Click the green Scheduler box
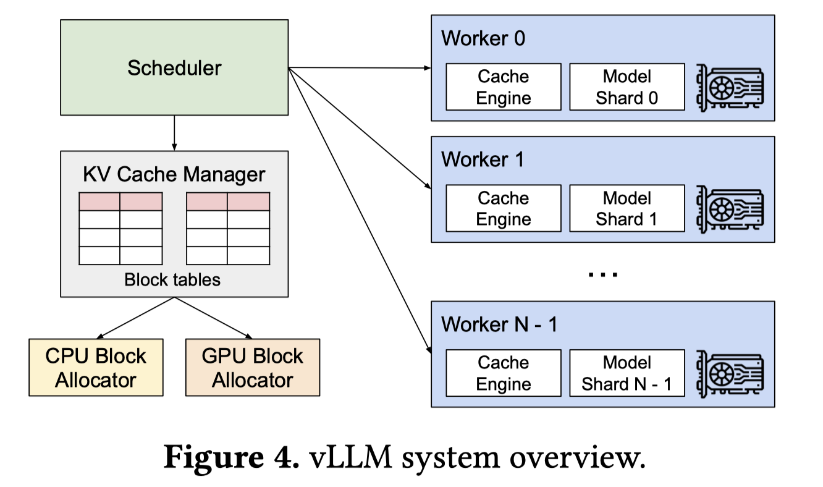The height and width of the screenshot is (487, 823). pos(174,67)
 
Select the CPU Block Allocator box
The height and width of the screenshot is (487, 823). pos(96,367)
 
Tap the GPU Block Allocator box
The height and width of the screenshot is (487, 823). pos(253,367)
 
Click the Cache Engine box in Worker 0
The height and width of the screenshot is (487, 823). pos(504,87)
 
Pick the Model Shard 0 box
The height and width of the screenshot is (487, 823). pos(627,87)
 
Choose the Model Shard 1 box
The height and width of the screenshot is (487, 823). pos(627,208)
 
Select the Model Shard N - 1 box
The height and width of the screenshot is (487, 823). pos(627,373)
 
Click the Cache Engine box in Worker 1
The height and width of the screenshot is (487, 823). pos(504,208)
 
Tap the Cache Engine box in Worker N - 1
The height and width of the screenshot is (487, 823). pos(504,373)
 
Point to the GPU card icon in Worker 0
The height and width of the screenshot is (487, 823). pos(730,88)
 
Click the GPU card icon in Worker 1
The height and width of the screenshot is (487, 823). pos(730,209)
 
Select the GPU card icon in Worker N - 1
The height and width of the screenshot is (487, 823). pos(730,374)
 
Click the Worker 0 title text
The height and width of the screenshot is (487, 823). pos(483,38)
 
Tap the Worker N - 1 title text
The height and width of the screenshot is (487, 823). pos(499,324)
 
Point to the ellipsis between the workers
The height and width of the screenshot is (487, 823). pos(603,274)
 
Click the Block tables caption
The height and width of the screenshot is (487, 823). pos(172,280)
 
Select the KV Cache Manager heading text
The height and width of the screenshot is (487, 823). pos(174,174)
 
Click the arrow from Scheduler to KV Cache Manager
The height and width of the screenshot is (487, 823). pos(174,133)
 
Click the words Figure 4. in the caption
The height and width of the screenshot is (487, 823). pos(231,457)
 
